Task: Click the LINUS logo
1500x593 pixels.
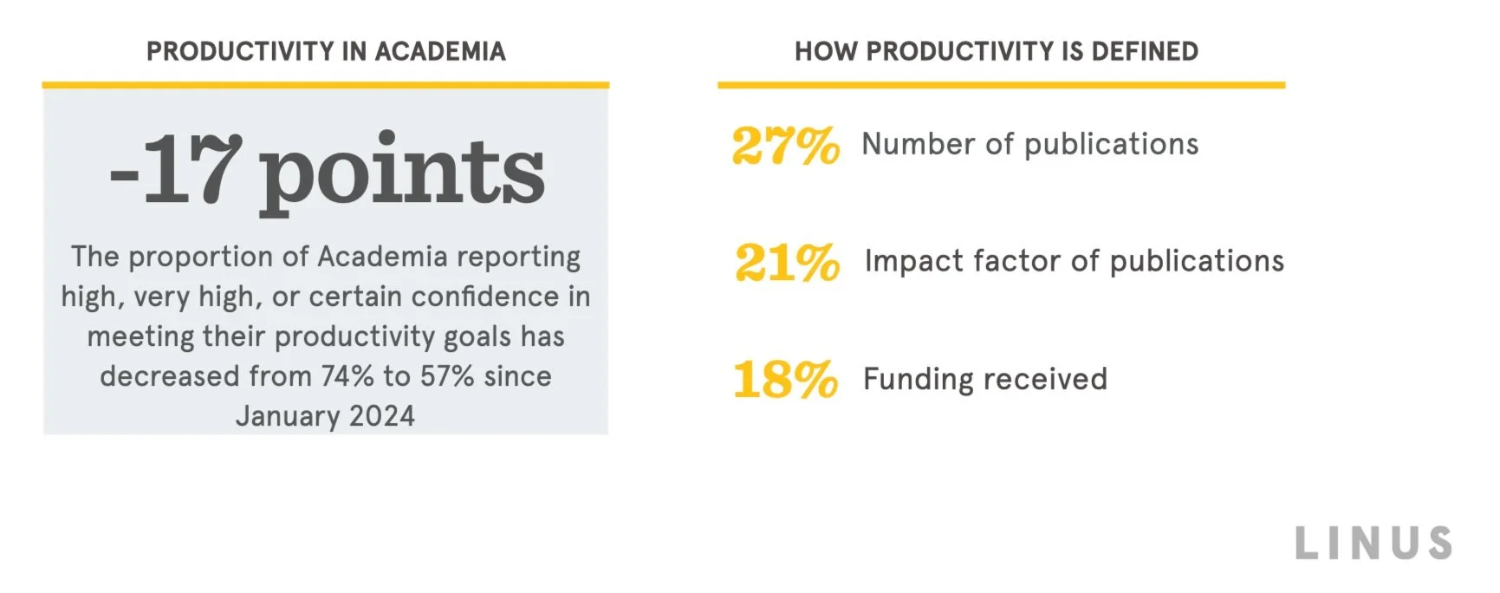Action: tap(1373, 544)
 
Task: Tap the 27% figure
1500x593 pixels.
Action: tap(785, 145)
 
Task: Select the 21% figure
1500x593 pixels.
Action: tap(787, 262)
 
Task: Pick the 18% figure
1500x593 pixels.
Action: tap(785, 380)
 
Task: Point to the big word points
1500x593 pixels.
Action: tap(402, 173)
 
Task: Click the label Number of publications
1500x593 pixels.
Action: tap(1029, 144)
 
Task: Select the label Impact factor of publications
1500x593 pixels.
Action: tap(1074, 261)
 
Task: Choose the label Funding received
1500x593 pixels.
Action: tap(985, 379)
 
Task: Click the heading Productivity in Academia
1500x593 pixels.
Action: tap(326, 52)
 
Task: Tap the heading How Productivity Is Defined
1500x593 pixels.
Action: tap(997, 52)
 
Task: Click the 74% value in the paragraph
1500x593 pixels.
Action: tap(347, 376)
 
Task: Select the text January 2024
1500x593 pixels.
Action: tap(325, 416)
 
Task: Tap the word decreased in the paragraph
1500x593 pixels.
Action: tap(169, 376)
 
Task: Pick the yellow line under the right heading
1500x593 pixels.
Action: tap(1001, 85)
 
